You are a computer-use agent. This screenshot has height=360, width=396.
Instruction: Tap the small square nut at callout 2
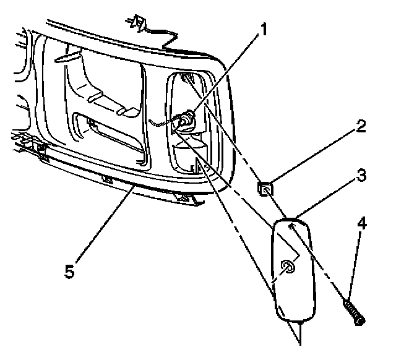click(264, 187)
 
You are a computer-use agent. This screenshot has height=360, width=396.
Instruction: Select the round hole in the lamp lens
click(288, 267)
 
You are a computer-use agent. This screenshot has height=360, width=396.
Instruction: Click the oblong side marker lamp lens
click(295, 272)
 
